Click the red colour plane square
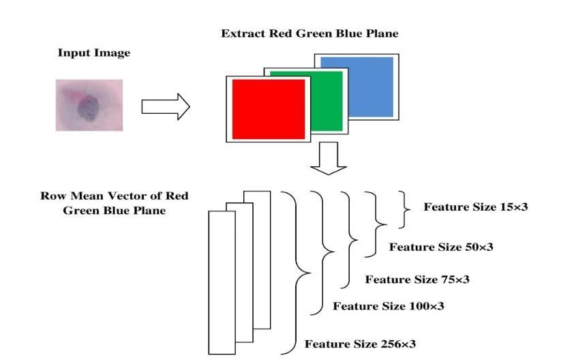(269, 109)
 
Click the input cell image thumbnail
(89, 105)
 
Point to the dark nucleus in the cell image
(88, 108)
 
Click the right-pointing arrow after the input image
(166, 106)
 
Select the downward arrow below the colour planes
(329, 158)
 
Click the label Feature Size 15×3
(476, 207)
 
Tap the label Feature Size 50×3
(441, 247)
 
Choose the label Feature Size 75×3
(417, 280)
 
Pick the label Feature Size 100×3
(389, 306)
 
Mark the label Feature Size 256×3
(361, 344)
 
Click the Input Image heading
(94, 53)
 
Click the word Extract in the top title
(243, 33)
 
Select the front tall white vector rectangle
(222, 282)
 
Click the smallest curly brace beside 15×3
(404, 209)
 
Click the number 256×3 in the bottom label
(398, 344)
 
